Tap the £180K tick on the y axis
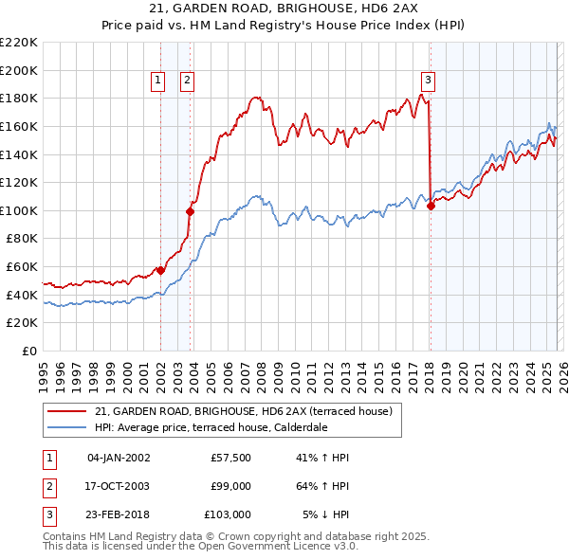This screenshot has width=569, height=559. pyautogui.click(x=19, y=98)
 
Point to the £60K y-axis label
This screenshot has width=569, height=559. pyautogui.click(x=22, y=267)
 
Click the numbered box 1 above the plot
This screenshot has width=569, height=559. pyautogui.click(x=158, y=81)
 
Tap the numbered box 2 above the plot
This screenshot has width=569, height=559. pyautogui.click(x=188, y=81)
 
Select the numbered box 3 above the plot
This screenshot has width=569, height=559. pyautogui.click(x=429, y=81)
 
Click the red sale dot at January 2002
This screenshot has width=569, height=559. pyautogui.click(x=160, y=270)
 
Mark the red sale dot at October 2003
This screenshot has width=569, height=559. pyautogui.click(x=190, y=212)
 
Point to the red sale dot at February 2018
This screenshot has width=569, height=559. pyautogui.click(x=431, y=206)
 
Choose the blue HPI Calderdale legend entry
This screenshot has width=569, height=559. pyautogui.click(x=211, y=427)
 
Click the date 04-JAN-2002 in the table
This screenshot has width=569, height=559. pyautogui.click(x=119, y=458)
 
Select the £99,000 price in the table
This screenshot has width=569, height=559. pyautogui.click(x=230, y=486)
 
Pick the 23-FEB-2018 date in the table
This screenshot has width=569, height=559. pyautogui.click(x=119, y=514)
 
